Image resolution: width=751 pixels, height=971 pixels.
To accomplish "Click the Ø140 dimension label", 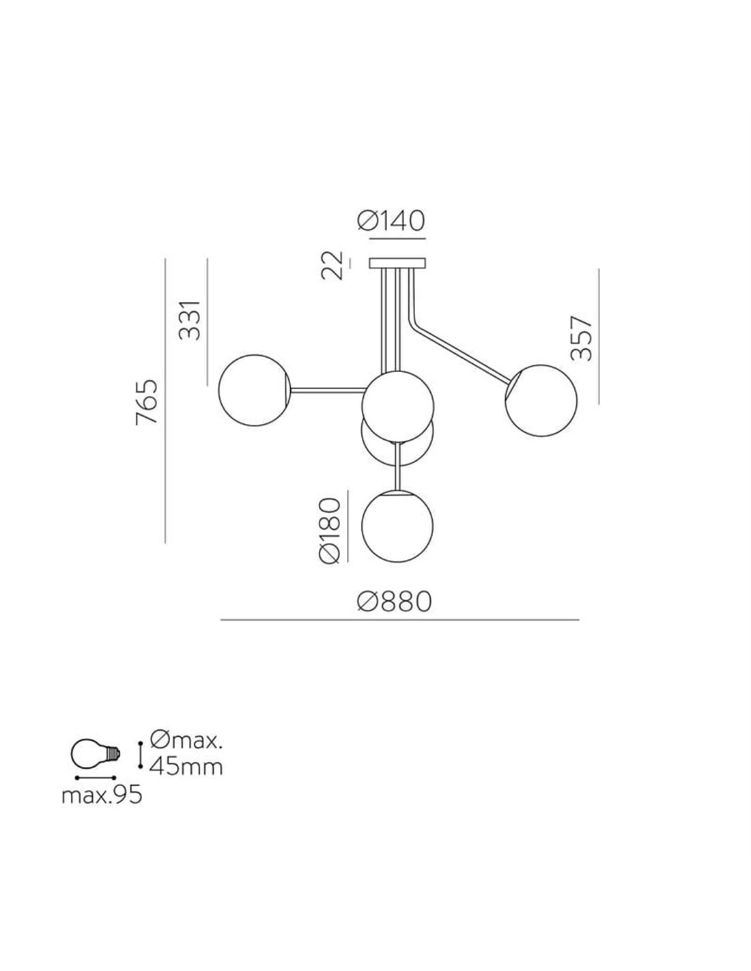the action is click(x=391, y=221).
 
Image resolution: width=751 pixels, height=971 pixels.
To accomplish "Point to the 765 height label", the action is click(x=147, y=402).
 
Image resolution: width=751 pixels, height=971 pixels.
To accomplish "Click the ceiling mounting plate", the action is click(x=397, y=263).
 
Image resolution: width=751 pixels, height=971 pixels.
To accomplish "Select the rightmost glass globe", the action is click(x=541, y=400).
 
